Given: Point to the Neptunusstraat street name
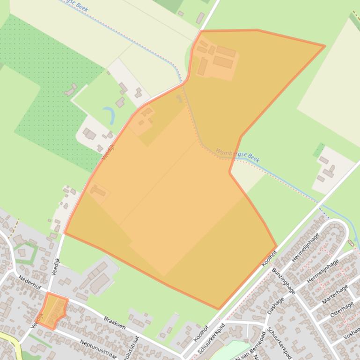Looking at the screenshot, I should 97,348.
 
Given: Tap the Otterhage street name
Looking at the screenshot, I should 342,309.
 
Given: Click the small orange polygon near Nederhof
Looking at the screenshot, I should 53,310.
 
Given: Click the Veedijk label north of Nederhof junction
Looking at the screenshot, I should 55,266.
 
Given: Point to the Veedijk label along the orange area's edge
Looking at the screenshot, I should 108,151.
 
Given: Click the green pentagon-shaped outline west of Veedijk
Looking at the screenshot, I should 25,253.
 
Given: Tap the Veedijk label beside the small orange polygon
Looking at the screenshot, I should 37,320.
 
